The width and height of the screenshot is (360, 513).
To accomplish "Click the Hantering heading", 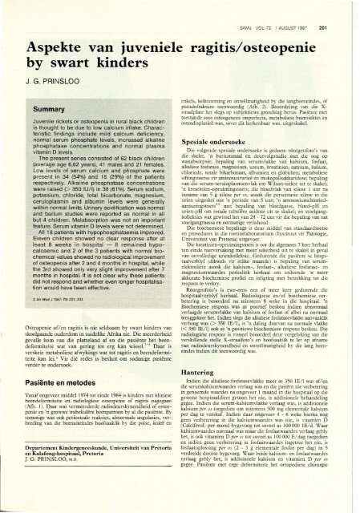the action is pyautogui.click(x=208, y=362).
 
